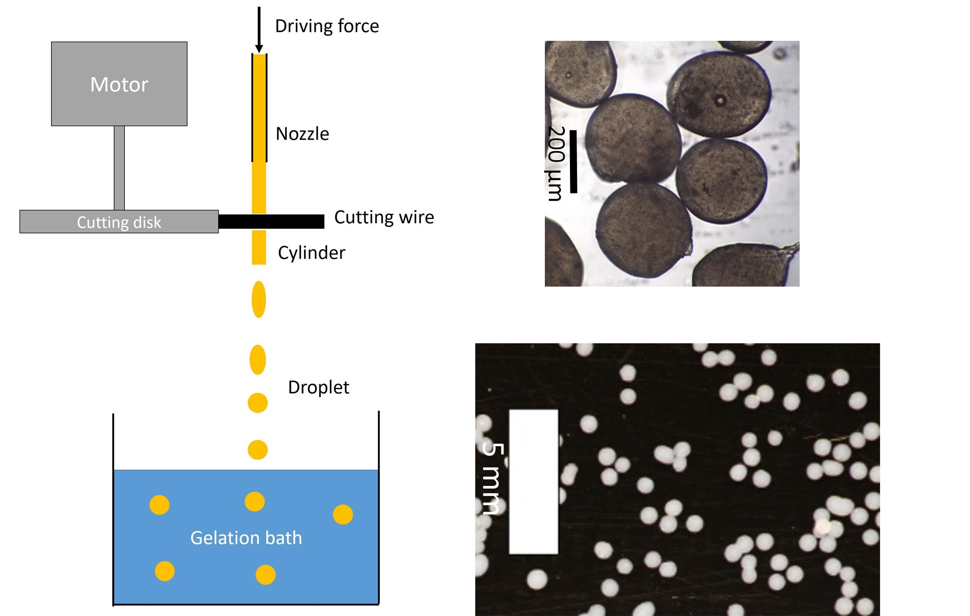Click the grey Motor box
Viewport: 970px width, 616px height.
[119, 84]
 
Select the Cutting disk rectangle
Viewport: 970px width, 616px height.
[119, 221]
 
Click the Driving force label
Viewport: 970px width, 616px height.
[327, 26]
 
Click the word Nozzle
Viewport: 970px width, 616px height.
[302, 134]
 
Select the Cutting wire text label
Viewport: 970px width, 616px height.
[384, 217]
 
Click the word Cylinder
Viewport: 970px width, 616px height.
[311, 252]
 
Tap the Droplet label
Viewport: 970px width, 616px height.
[318, 387]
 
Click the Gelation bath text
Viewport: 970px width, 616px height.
[246, 538]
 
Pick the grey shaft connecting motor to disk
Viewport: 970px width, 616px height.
[119, 168]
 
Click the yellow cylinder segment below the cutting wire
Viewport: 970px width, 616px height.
[259, 247]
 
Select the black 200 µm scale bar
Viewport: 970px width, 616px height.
[573, 161]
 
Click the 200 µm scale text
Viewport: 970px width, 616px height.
[556, 163]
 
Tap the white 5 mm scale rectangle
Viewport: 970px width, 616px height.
[533, 482]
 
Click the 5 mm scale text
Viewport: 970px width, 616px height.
[492, 479]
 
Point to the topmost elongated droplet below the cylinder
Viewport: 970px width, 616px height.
[259, 299]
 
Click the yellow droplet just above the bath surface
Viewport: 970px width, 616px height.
[258, 450]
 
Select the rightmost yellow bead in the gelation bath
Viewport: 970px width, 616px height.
[343, 514]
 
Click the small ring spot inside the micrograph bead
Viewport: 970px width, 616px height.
[720, 101]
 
